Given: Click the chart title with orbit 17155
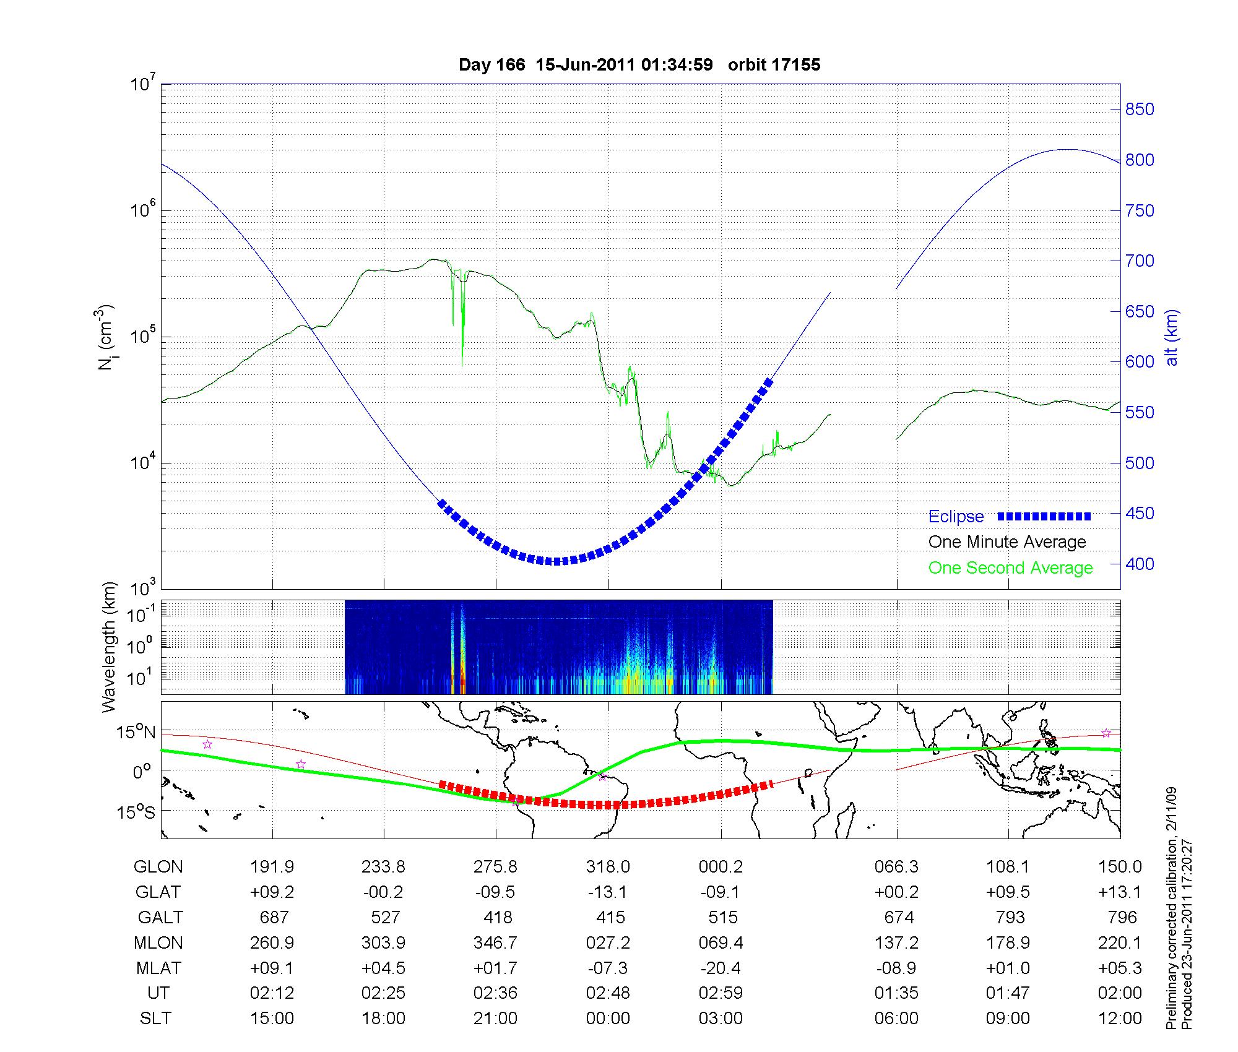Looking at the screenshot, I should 639,65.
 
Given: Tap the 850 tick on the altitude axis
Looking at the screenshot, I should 1140,110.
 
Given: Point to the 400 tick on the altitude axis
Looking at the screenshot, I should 1140,564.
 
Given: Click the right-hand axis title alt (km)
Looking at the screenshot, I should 1172,337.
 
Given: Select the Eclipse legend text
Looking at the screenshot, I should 956,517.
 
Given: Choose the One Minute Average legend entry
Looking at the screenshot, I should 1007,542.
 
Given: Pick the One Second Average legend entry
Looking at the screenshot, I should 1010,568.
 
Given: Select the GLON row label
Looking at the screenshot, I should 158,867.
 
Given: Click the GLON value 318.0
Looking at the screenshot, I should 608,867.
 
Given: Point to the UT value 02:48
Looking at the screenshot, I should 608,993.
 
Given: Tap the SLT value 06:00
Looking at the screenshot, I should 896,1019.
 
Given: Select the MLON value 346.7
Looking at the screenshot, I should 495,942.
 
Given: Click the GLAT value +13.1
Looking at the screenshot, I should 1120,892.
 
